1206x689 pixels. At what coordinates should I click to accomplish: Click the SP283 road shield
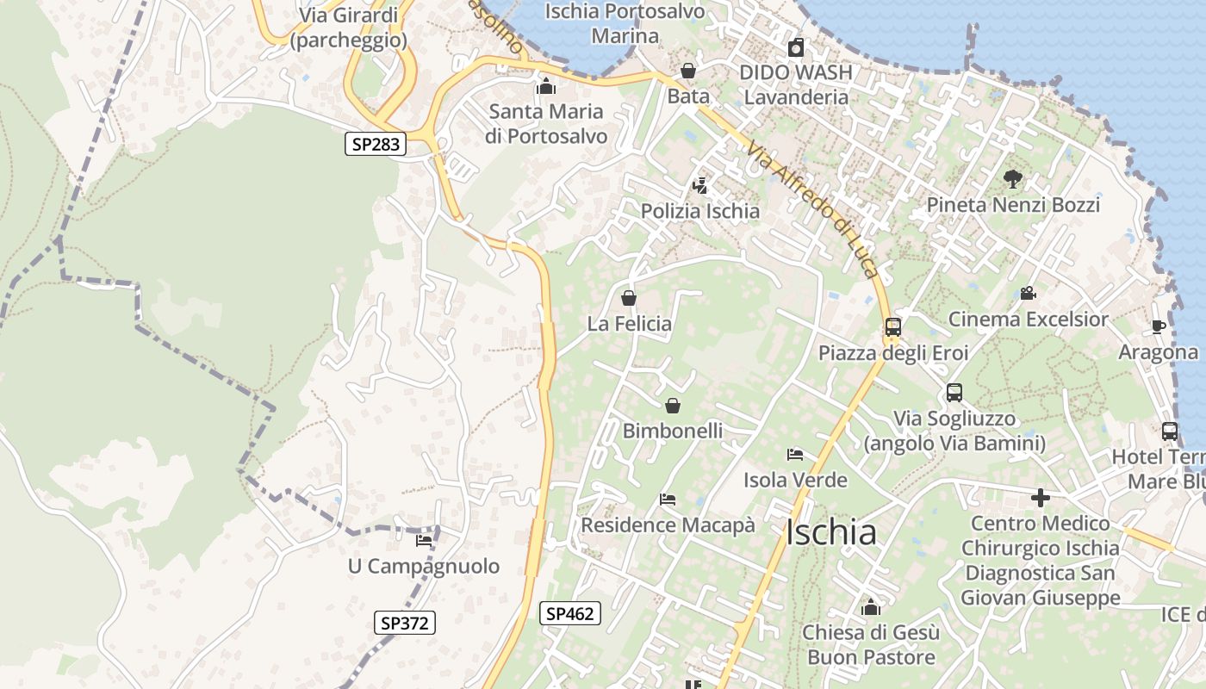[x=376, y=144]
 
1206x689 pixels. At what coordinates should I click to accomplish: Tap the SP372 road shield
[x=405, y=623]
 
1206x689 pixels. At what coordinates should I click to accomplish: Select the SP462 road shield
[x=569, y=613]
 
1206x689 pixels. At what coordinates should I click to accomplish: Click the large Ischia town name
[x=830, y=532]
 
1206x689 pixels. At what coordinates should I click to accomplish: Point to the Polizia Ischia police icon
[x=699, y=185]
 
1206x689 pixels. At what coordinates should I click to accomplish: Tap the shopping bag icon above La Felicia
[x=629, y=299]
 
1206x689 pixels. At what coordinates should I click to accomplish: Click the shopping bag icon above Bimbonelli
[x=673, y=405]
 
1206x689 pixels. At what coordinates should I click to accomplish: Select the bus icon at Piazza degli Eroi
[x=893, y=327]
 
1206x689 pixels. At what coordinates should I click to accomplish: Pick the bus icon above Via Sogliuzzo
[x=954, y=393]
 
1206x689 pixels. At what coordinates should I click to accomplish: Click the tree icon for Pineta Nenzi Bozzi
[x=1013, y=179]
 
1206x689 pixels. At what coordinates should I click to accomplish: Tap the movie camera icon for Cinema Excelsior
[x=1028, y=294]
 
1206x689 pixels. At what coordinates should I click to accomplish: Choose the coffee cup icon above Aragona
[x=1159, y=327]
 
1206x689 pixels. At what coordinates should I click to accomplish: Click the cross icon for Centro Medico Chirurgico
[x=1041, y=498]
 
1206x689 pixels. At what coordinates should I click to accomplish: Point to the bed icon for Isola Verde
[x=795, y=454]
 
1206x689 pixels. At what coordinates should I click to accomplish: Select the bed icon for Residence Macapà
[x=668, y=499]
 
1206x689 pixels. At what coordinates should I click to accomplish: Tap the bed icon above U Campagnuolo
[x=424, y=541]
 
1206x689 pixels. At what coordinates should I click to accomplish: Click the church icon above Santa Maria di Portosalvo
[x=545, y=86]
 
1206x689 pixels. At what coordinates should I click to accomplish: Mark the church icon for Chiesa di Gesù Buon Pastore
[x=870, y=607]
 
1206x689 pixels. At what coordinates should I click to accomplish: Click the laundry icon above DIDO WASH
[x=796, y=47]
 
